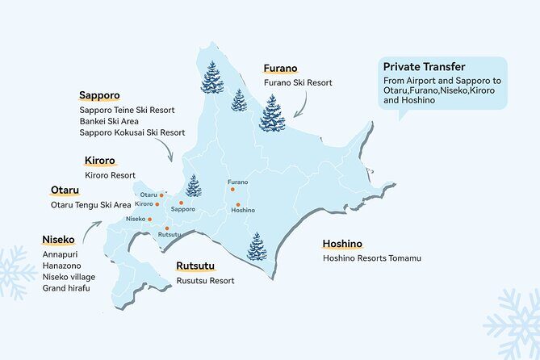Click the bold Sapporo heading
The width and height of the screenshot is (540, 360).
99,94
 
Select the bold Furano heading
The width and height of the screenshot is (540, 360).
281,69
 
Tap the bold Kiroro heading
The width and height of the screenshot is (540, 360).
100,160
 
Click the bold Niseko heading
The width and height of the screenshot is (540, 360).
58,240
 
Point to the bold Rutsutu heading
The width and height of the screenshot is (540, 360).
197,266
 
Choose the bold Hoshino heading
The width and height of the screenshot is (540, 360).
342,244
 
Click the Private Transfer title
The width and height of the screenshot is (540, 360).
423,67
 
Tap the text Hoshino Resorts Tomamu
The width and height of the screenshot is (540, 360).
371,258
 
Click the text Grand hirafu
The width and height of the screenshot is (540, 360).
66,288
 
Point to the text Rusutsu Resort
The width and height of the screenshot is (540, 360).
205,281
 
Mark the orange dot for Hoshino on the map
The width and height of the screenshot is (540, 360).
238,202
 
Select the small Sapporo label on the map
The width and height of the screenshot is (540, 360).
183,209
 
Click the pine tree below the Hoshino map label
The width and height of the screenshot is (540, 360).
257,246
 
